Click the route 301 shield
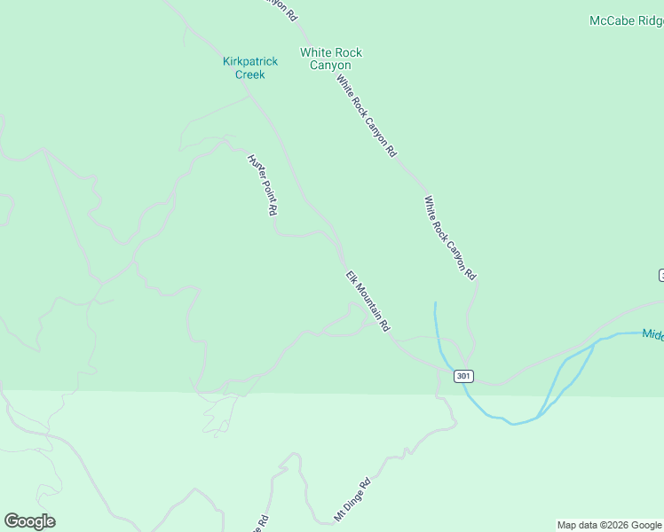(462, 376)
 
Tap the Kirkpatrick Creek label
(249, 68)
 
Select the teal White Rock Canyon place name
(331, 59)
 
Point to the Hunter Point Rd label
(263, 185)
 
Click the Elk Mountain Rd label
(368, 302)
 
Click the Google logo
(29, 521)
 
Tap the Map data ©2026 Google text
(609, 525)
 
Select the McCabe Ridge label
(626, 20)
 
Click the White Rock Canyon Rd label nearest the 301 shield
(450, 239)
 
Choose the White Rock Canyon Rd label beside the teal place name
(366, 115)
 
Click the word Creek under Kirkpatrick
(249, 75)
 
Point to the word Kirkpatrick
(249, 61)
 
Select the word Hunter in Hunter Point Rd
(256, 168)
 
